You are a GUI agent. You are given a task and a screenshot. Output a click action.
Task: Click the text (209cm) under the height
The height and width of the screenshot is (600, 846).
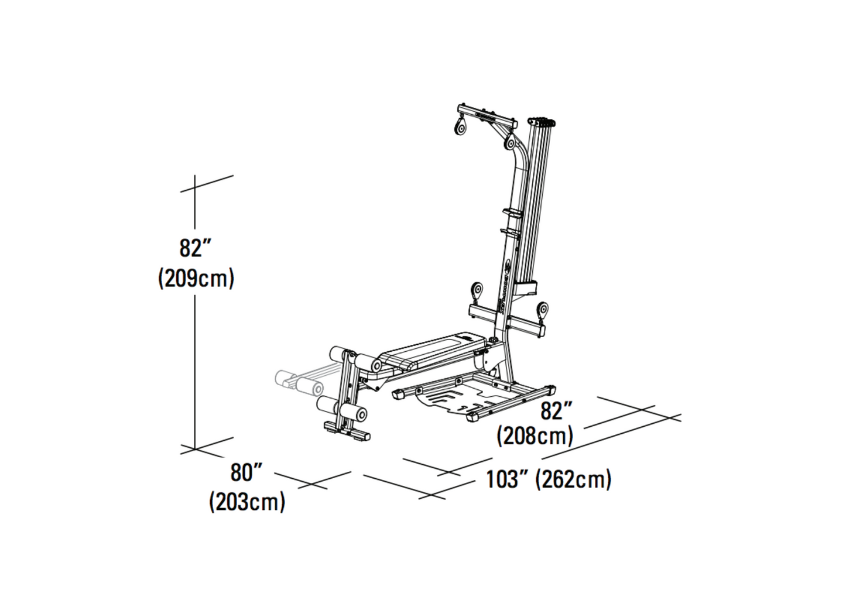point(196,279)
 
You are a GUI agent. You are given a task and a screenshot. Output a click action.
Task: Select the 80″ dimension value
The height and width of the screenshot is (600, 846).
point(246,472)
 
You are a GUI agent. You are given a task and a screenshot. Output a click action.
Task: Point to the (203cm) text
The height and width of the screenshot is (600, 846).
point(247,502)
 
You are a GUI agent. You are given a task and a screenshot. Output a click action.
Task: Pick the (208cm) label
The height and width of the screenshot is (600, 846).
point(535,436)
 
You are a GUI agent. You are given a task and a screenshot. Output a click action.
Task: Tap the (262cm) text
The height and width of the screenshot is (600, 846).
point(574,480)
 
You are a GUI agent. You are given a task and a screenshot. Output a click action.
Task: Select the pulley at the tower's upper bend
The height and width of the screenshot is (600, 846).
point(511,142)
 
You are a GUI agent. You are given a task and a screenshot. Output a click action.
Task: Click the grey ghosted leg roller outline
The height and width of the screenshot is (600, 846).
point(299,382)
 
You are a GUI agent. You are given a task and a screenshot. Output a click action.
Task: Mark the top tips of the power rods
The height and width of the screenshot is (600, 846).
point(542,122)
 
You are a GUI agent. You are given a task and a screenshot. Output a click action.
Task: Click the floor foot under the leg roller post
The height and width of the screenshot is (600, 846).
point(346,431)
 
